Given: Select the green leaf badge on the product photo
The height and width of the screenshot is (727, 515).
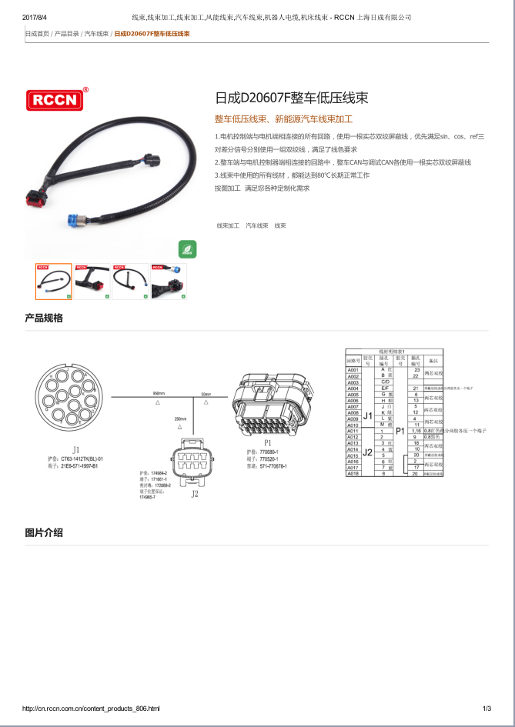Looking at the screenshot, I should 187,248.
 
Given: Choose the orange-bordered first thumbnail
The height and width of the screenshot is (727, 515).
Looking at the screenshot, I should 53,281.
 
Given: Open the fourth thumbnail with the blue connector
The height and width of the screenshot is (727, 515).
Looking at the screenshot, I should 169,281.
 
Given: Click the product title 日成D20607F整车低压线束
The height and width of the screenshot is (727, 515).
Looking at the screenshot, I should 291,98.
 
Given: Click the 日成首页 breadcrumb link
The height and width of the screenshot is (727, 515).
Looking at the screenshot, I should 37,34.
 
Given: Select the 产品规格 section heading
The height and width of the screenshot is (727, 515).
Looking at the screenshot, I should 44,318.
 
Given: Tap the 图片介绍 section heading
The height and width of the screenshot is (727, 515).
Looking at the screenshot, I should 44,532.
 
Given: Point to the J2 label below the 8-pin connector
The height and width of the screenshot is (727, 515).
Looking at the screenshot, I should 195,494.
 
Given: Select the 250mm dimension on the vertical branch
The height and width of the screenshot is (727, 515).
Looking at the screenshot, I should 181,419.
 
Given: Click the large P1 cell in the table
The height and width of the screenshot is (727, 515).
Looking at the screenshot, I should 400,431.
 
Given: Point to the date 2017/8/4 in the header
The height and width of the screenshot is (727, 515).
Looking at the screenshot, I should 35,16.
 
